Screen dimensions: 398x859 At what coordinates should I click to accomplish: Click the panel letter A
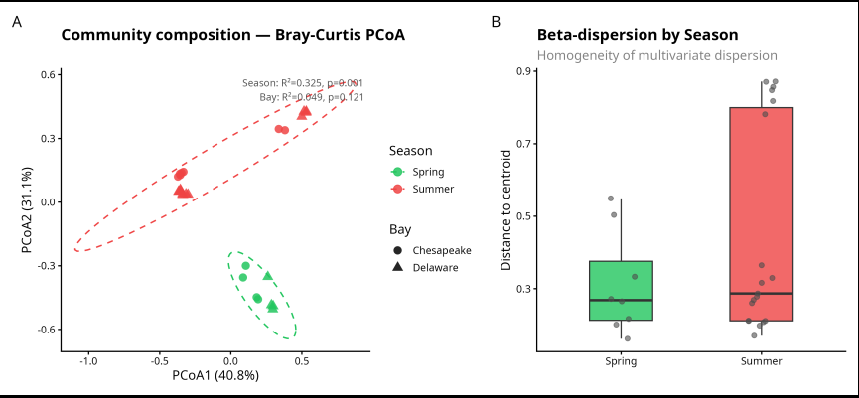[x=16, y=21]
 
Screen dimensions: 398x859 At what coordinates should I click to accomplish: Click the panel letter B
[x=496, y=21]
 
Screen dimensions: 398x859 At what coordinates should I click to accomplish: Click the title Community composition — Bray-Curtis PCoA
[x=232, y=35]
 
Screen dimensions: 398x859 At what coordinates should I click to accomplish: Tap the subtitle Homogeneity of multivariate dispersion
[x=656, y=56]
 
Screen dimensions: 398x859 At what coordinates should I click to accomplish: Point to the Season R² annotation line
[x=303, y=83]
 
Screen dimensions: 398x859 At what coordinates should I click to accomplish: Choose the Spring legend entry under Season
[x=423, y=172]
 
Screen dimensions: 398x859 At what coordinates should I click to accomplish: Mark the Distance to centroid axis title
[x=505, y=209]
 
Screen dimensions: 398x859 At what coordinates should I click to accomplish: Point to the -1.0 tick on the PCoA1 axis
[x=89, y=360]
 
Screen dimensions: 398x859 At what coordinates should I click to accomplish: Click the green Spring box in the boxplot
[x=621, y=290]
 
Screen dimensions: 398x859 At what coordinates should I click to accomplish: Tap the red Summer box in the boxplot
[x=761, y=213]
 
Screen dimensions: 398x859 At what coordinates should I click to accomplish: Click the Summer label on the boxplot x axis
[x=761, y=361]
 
